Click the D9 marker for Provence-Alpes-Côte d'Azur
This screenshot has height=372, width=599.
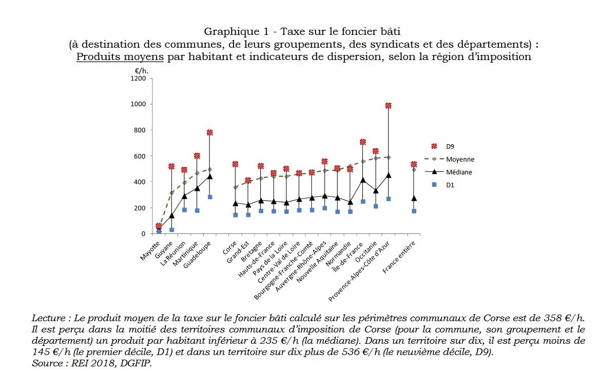pos(388,106)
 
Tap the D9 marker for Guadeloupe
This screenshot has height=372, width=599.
pos(210,132)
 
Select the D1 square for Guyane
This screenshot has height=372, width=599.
pos(171,230)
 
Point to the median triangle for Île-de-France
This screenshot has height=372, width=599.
pos(362,180)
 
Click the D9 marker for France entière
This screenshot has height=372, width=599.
pos(414,164)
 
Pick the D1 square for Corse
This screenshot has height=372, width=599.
pos(235,215)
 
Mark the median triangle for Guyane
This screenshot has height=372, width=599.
pos(171,216)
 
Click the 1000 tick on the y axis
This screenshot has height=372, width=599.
pos(138,104)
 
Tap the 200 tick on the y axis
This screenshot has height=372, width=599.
pos(140,208)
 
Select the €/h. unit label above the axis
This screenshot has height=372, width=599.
pos(141,71)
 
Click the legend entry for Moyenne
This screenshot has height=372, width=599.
pos(449,159)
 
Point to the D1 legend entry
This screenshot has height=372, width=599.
pos(443,185)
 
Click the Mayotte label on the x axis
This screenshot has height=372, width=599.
pos(150,250)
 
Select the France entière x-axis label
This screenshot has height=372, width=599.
pos(399,257)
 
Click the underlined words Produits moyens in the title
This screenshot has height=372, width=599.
pos(120,57)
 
